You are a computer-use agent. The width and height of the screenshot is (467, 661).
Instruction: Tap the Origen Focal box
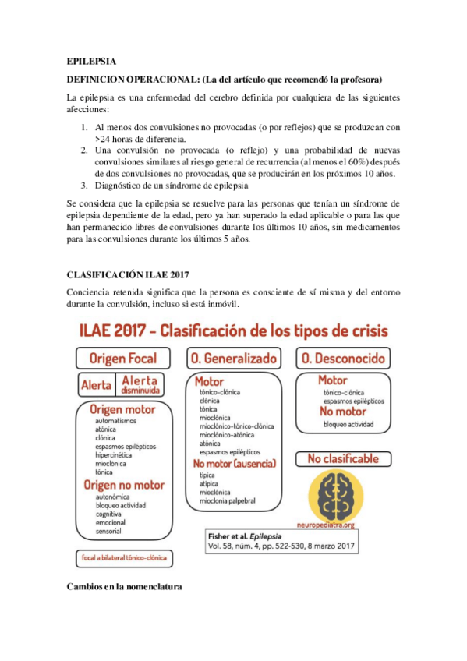(123, 359)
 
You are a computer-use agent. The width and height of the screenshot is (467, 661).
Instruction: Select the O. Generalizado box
(233, 359)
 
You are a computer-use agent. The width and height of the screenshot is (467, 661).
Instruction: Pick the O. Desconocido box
(343, 359)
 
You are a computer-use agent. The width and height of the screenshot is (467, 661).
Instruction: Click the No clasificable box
(343, 458)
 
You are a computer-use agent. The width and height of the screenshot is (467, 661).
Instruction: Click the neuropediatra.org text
(336, 525)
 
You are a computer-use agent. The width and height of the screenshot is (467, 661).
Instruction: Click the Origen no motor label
(124, 485)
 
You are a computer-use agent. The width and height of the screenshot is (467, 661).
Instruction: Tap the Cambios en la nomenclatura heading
(124, 586)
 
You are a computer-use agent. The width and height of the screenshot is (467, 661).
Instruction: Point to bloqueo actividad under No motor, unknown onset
(348, 425)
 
